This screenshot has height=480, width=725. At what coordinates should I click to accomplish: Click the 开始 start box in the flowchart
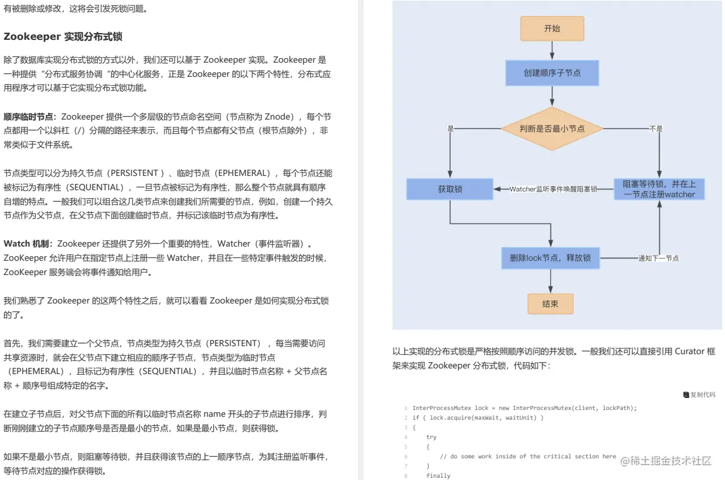[552, 28]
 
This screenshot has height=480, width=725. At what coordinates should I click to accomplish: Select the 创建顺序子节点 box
[552, 73]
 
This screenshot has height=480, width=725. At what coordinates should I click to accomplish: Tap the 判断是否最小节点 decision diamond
[552, 129]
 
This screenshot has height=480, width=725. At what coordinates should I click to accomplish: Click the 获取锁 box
[450, 189]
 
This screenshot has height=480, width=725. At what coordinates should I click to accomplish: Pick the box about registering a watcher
[659, 189]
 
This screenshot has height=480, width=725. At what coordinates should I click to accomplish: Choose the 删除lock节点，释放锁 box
[550, 258]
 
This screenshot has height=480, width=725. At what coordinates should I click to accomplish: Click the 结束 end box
[550, 304]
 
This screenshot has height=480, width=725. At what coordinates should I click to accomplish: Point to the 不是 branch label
[656, 129]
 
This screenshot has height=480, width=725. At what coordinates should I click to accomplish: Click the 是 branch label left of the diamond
[450, 129]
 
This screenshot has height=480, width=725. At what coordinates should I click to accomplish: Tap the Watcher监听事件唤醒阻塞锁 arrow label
[553, 189]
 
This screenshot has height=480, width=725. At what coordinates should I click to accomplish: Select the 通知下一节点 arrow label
[658, 258]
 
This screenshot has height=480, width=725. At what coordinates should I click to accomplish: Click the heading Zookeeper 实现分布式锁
[63, 36]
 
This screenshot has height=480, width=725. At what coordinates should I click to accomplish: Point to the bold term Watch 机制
[28, 244]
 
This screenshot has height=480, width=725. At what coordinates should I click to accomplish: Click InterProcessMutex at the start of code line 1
[442, 408]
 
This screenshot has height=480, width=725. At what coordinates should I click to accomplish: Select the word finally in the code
[438, 475]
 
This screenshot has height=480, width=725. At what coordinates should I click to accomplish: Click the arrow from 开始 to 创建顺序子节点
[552, 51]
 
